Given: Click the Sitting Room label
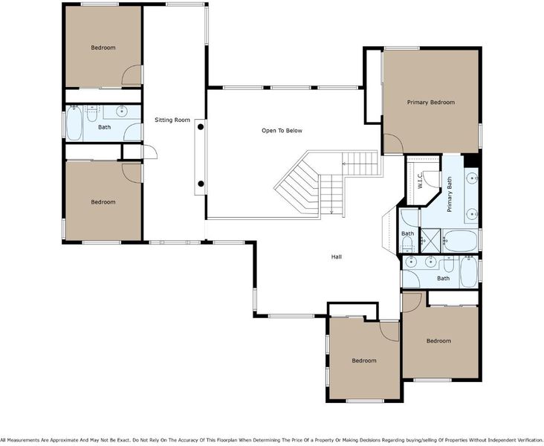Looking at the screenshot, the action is tap(172, 120).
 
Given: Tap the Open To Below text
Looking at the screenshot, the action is tap(282, 131).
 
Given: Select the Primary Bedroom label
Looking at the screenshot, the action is tap(430, 103).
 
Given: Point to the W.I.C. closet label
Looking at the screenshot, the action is tap(420, 180).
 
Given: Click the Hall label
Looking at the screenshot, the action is tap(336, 257).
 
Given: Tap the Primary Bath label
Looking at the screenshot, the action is tap(450, 194).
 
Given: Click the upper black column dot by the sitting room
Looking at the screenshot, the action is tap(201, 127).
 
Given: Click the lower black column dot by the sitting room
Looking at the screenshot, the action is tap(201, 184).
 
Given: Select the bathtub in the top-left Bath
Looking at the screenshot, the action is tap(74, 123).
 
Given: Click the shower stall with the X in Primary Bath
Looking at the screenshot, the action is tap(430, 240).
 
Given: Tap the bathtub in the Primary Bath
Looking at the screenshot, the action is tap(460, 241).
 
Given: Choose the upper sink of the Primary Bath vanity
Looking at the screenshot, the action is tap(471, 178).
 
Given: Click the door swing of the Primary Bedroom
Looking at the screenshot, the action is tap(393, 144).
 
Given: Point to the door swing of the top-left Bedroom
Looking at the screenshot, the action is tap(132, 75).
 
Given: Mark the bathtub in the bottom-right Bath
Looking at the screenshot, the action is tap(468, 272).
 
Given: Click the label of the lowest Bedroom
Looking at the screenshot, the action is tap(364, 361).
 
